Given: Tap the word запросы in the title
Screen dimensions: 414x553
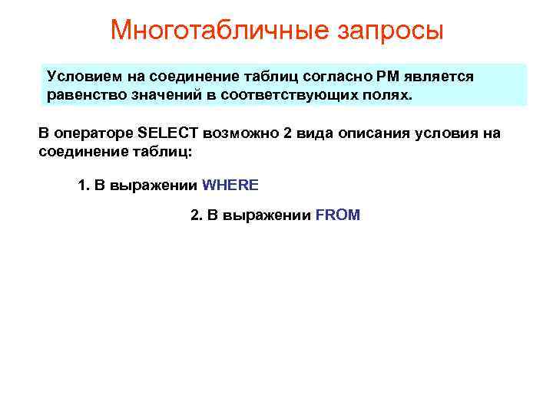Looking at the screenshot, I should click(391, 31).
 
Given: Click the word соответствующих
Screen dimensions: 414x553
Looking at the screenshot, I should click(295, 96).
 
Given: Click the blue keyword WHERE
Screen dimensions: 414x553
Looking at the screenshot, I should click(230, 186).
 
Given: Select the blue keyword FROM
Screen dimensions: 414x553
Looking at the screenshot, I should click(337, 215).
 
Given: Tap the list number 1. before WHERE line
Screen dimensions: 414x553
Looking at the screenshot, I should click(84, 186).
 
